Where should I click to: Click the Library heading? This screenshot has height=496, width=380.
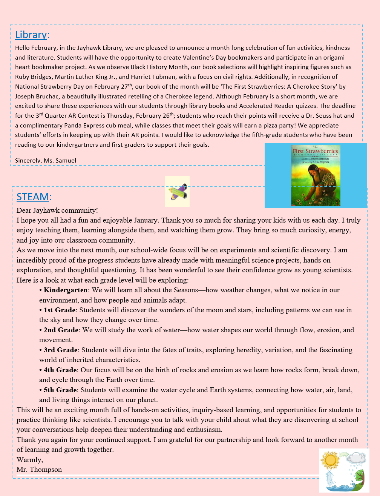(31, 35)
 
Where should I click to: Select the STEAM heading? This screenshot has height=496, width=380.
(33, 197)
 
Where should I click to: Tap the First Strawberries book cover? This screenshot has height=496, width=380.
(316, 175)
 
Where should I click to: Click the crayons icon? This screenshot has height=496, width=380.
(177, 192)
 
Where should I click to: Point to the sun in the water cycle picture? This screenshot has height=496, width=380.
(330, 460)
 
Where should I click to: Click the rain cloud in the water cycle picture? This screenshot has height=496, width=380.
(356, 459)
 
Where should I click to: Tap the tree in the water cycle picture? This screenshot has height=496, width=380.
(360, 478)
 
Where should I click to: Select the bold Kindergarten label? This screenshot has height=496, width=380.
(66, 290)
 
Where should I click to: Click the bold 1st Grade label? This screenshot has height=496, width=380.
(60, 310)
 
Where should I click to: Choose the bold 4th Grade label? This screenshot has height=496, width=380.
(60, 370)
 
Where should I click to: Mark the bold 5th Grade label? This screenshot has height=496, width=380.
(60, 390)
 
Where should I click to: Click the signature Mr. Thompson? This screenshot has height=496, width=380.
(39, 470)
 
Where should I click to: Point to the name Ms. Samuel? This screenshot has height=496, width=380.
(60, 160)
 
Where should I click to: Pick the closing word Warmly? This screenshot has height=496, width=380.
(29, 460)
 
